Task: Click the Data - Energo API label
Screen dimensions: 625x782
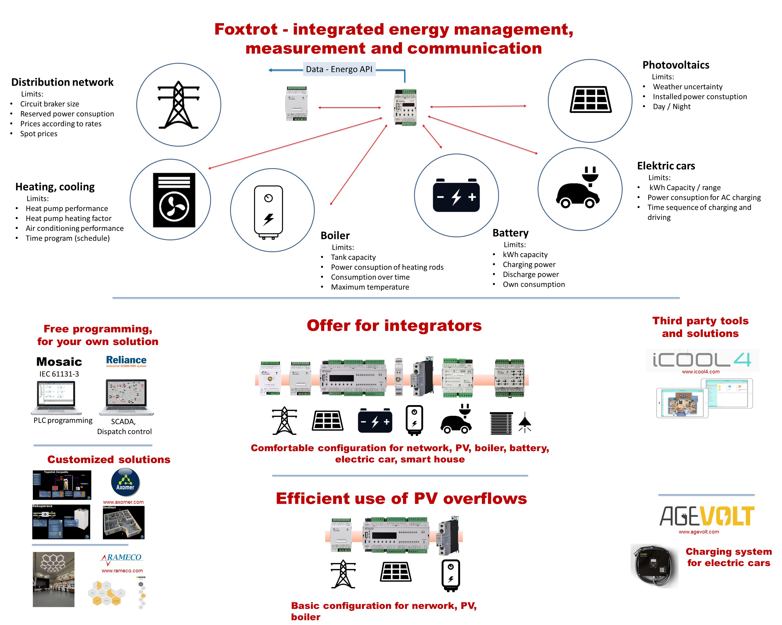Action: [339, 69]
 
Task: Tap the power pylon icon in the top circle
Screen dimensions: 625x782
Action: [178, 105]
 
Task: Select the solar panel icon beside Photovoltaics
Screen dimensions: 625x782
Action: [590, 100]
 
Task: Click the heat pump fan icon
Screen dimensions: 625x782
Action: [174, 200]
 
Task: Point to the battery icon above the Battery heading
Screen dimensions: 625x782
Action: [456, 196]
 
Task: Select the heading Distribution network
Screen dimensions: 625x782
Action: [62, 82]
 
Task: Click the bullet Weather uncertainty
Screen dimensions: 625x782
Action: [687, 87]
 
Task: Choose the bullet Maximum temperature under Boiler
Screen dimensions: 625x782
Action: [370, 287]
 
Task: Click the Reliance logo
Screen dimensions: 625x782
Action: [126, 361]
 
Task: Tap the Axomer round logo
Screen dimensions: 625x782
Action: [125, 482]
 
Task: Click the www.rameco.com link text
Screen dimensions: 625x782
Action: [122, 571]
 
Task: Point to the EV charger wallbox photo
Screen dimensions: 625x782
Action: [654, 565]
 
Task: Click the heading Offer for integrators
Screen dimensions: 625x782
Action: [394, 325]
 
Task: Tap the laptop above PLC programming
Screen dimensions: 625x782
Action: [57, 397]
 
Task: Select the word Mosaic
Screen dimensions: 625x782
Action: [59, 362]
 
